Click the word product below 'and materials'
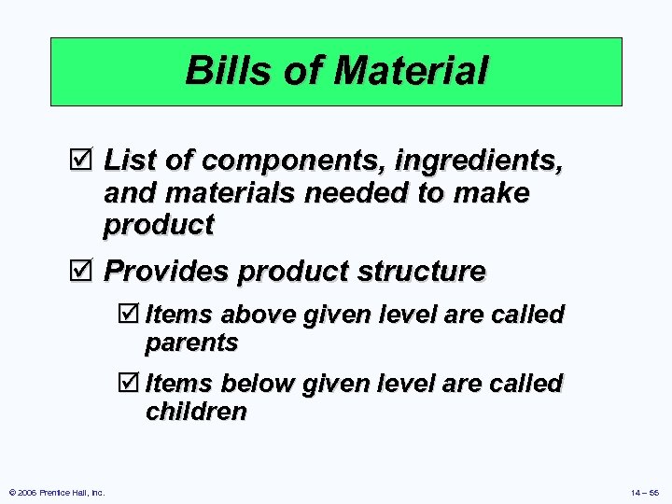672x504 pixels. tap(159, 225)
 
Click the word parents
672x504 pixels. tap(191, 343)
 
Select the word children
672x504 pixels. tap(196, 413)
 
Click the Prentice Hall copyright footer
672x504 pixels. tap(55, 491)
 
